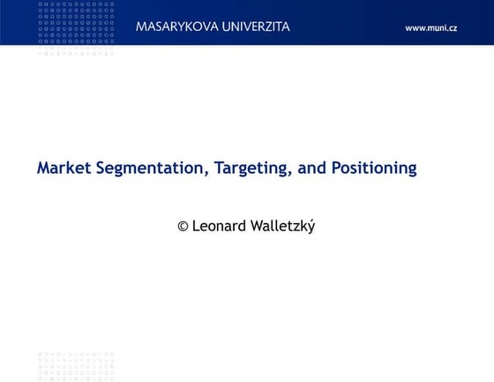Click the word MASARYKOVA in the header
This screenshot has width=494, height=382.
coord(177,26)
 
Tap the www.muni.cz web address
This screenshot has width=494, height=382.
coord(430,28)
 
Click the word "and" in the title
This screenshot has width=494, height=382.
coord(312,169)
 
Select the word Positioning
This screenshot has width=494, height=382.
coord(374,169)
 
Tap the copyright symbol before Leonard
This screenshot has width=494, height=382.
coord(183,227)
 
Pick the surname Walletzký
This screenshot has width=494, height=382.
coord(283,226)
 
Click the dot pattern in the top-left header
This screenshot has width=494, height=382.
coord(76,26)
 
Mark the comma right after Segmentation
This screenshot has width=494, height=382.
coord(206,174)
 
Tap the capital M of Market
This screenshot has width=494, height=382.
coord(43,168)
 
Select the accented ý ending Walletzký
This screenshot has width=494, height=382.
coord(311,227)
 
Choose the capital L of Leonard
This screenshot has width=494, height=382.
coord(196,226)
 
